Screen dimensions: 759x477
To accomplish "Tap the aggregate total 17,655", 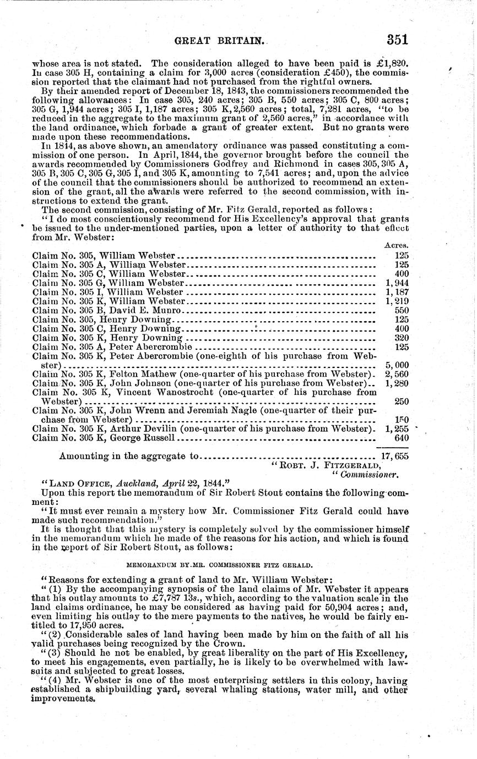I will (x=395, y=456).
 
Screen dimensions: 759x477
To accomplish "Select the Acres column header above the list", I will (x=396, y=246).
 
